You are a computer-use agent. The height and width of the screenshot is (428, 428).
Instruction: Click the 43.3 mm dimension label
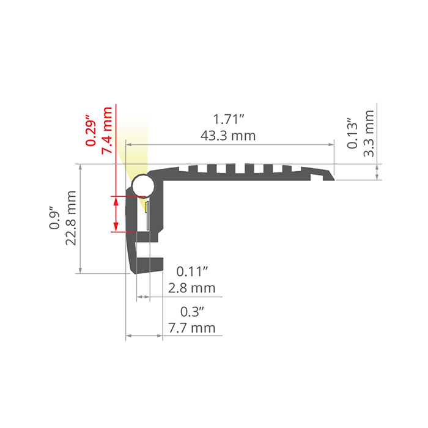pos(228,136)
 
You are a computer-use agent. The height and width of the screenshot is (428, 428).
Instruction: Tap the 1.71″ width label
pos(228,120)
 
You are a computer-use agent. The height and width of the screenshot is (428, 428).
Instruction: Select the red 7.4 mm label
pos(107,131)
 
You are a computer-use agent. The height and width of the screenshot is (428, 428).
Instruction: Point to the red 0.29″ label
pos(91,131)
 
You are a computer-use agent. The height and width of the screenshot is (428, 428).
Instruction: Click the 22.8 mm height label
pos(71,218)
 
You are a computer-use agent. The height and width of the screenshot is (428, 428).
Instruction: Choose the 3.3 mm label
pos(369,133)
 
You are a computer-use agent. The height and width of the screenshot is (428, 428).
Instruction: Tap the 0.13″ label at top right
pos(352,133)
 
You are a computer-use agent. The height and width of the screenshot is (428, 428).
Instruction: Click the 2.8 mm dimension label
pos(191,288)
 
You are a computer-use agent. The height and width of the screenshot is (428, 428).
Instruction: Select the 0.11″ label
pos(192,271)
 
